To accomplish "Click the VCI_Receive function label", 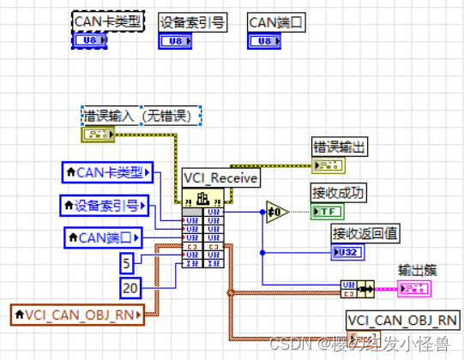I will (x=219, y=177).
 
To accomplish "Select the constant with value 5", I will (x=125, y=261).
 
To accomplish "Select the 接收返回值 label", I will (x=364, y=232).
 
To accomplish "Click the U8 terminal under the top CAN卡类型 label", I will (x=91, y=39).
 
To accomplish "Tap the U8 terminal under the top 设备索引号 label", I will (x=175, y=39).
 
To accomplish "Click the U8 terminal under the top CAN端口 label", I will (x=263, y=39).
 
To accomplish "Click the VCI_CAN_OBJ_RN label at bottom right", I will (x=401, y=321).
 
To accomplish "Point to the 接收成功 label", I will (x=338, y=193).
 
